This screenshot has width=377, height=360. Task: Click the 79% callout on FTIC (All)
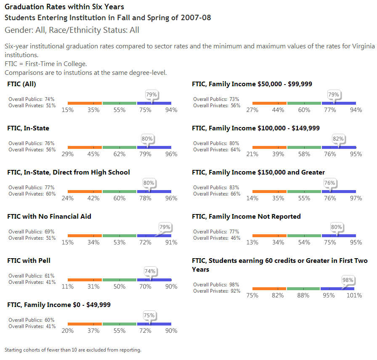[151, 95]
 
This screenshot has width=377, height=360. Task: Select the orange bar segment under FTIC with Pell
[85, 280]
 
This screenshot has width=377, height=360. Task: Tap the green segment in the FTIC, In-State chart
[119, 147]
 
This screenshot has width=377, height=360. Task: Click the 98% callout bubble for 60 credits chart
[348, 280]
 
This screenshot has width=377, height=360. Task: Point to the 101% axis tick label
[354, 295]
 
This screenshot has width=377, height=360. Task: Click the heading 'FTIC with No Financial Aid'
[49, 217]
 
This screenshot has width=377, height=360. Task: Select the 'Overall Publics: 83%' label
[216, 188]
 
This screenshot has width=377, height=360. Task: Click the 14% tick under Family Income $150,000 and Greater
[252, 199]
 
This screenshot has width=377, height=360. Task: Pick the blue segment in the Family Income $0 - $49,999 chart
[154, 324]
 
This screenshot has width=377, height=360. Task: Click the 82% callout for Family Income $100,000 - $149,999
[338, 139]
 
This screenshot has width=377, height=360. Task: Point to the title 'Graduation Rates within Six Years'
[64, 7]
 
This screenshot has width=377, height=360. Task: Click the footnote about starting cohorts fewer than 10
[73, 350]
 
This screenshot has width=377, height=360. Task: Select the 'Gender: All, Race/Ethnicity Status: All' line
[72, 30]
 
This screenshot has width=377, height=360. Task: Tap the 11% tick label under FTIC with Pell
[68, 287]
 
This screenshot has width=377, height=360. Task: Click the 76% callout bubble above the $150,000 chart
[330, 183]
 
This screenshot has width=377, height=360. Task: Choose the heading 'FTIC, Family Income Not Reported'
[246, 217]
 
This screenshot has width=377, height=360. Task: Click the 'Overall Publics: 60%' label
[32, 320]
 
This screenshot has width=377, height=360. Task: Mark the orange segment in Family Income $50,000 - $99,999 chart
[269, 103]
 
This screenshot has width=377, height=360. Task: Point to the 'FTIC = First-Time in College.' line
[46, 64]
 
